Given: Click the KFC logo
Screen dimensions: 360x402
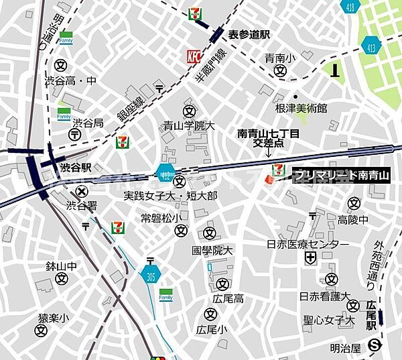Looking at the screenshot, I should coord(194,57).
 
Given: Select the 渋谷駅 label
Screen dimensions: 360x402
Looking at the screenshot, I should coord(75,167).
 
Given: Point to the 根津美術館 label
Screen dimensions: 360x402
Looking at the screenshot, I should coord(301,108).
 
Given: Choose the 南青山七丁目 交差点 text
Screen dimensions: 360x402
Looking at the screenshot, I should coord(269,138).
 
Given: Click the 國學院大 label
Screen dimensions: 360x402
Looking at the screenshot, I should coord(212,250).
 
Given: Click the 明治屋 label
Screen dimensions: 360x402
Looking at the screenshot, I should coord(346,347).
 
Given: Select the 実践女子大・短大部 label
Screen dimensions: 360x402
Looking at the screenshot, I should coord(170,196).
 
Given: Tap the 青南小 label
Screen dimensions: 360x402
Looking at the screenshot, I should coord(279,58).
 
